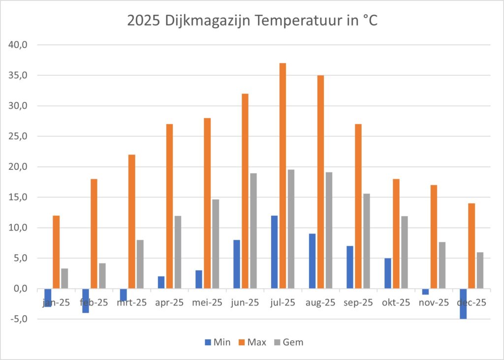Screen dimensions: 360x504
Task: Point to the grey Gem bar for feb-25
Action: [102, 276]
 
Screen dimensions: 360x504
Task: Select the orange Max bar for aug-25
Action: [320, 182]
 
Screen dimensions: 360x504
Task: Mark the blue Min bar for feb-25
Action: [86, 300]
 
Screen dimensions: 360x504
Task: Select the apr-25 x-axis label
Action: [169, 302]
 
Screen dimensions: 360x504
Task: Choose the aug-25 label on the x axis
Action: [320, 302]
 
